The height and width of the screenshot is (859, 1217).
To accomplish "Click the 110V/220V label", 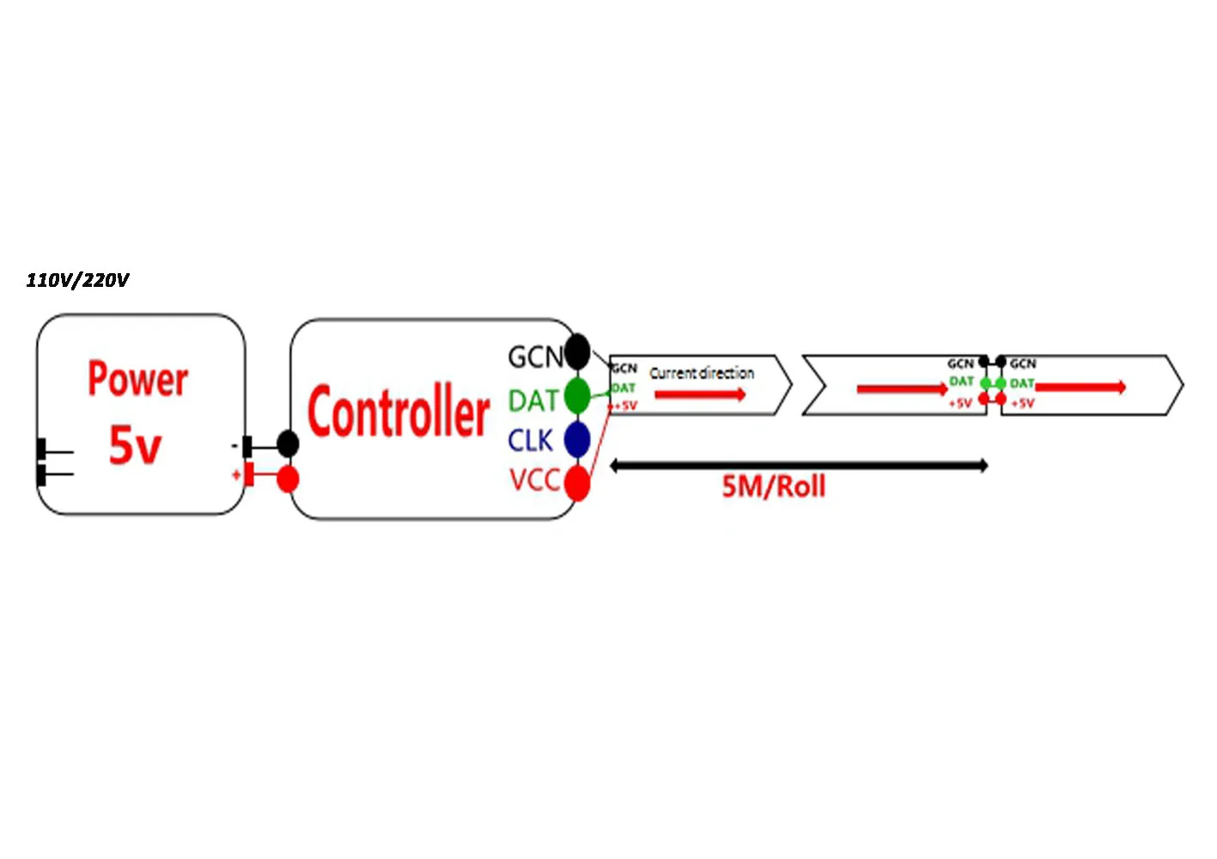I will click(x=77, y=280).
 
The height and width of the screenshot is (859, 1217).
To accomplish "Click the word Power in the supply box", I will click(x=137, y=379).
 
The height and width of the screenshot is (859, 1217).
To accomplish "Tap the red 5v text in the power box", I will click(x=135, y=445).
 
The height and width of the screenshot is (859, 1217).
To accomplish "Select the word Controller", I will click(x=399, y=412).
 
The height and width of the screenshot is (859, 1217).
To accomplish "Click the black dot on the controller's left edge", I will click(x=288, y=444).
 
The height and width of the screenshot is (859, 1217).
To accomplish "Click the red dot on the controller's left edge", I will click(x=288, y=478).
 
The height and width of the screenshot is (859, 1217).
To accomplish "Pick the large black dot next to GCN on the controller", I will click(x=577, y=351).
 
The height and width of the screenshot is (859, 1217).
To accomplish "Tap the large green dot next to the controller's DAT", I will click(x=577, y=395).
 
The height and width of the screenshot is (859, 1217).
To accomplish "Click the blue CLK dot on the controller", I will click(x=577, y=439).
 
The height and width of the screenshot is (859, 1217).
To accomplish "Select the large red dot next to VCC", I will click(x=578, y=483).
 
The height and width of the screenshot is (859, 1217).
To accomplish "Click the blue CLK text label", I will click(x=530, y=441).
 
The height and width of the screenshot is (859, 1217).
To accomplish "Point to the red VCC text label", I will click(x=534, y=480).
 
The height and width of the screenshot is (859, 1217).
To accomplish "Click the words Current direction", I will click(x=702, y=373).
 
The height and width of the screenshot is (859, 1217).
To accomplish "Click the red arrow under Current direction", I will click(x=700, y=394).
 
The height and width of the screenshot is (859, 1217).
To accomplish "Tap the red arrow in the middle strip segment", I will click(x=902, y=389).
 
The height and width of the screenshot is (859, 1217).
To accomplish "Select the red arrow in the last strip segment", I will click(x=1080, y=387).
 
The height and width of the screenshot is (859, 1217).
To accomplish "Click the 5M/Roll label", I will click(x=774, y=486).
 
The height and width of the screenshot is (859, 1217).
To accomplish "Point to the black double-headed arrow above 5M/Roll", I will click(x=799, y=466).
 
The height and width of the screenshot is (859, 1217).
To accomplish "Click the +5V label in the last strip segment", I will click(x=1023, y=403).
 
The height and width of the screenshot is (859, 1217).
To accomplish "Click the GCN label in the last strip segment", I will click(x=1023, y=364).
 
